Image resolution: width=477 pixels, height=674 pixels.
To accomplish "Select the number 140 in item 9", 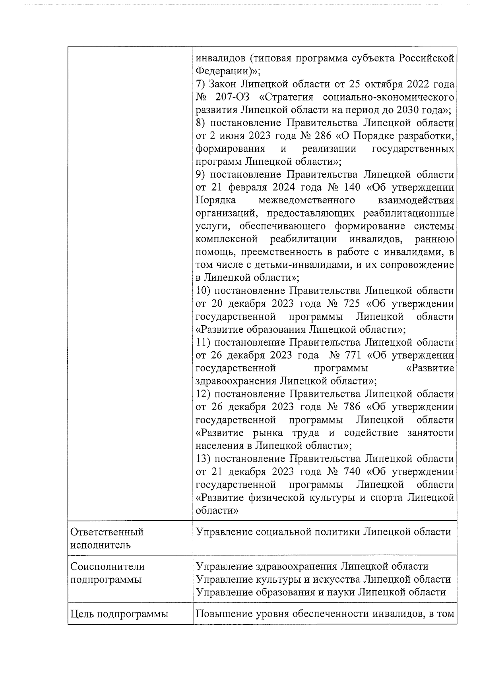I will [350, 187].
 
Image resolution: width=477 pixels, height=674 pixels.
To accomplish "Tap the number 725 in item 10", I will [350, 304].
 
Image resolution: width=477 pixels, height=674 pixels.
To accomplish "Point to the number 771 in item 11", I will [350, 355].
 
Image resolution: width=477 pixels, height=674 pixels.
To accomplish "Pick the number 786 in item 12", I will [350, 407].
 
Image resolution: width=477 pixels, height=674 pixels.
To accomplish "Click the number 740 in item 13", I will [350, 472].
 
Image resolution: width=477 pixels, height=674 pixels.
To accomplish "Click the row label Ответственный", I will [107, 532].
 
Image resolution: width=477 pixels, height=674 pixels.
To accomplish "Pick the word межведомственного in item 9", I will [306, 200].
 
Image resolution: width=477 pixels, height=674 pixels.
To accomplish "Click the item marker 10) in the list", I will [204, 291].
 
